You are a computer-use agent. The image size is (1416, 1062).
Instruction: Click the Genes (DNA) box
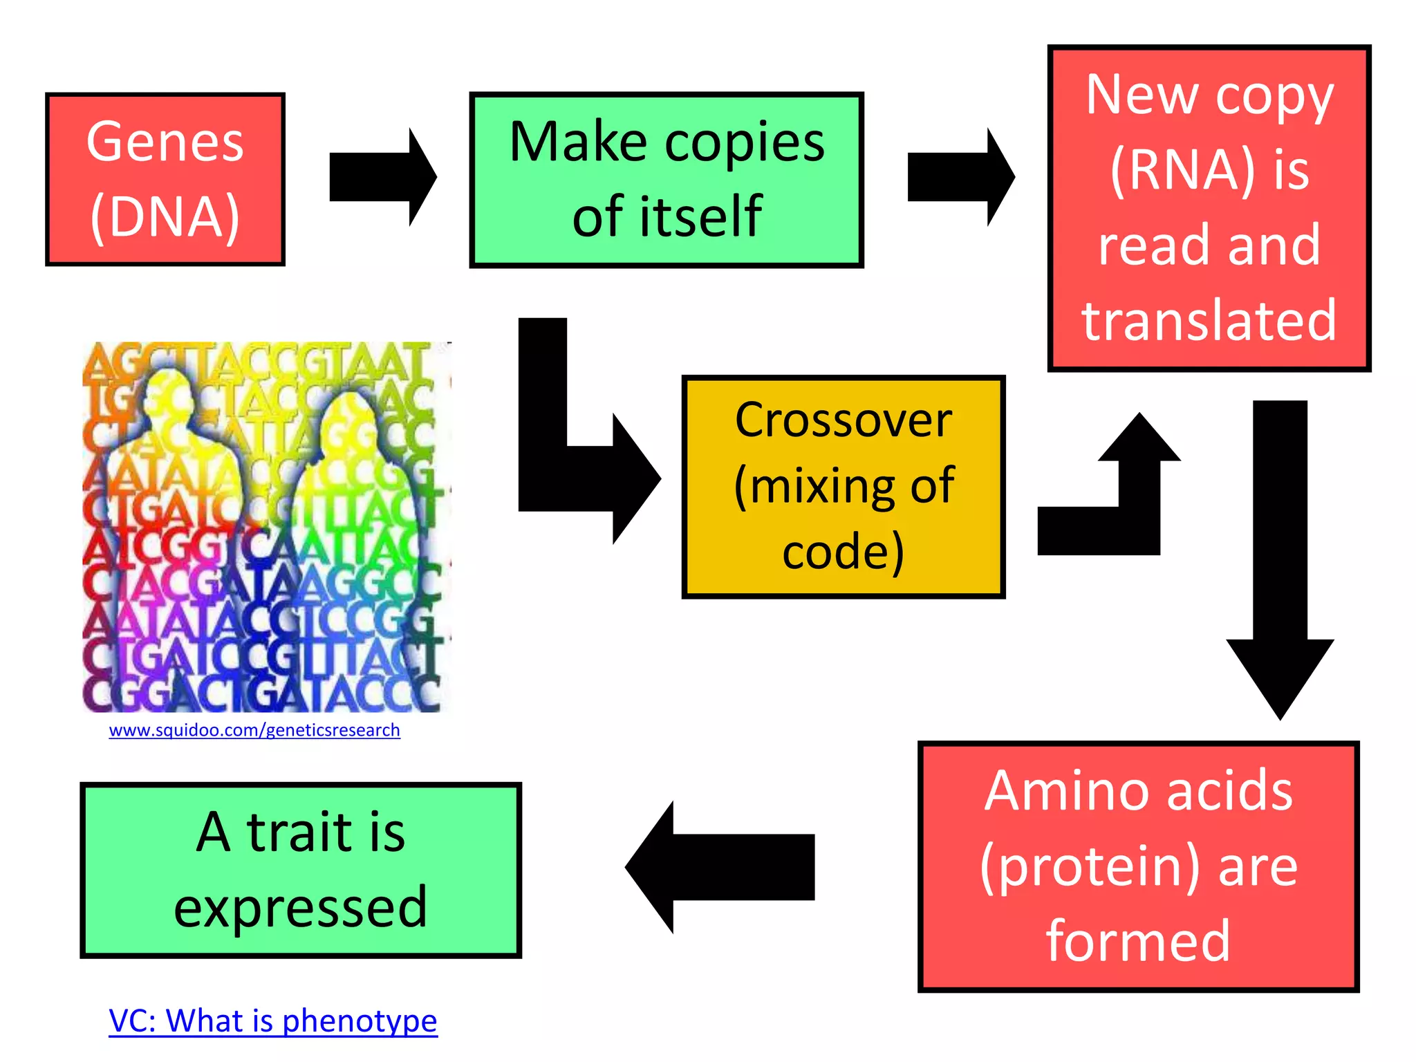coord(165,179)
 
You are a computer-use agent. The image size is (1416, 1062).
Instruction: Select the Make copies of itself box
coord(666,179)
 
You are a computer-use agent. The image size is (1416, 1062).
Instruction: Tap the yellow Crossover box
coord(843,486)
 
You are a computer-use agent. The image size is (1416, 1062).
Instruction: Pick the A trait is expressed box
coord(300,870)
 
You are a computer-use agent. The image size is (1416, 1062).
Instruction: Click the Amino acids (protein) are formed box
coord(1138,866)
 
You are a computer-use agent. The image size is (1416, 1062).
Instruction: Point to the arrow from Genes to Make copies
coord(382,177)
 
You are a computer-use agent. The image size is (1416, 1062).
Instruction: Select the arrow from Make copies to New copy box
coord(960,177)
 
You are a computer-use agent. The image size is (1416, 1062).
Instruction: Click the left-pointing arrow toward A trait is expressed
coord(719,867)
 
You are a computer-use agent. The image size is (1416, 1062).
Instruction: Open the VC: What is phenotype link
coord(273,1021)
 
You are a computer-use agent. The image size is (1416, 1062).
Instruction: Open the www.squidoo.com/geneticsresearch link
coord(254,730)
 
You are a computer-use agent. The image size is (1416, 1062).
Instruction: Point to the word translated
coord(1209,320)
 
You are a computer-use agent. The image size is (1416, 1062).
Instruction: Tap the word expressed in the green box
coord(300,907)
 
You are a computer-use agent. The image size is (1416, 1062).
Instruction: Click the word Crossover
coord(843,420)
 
